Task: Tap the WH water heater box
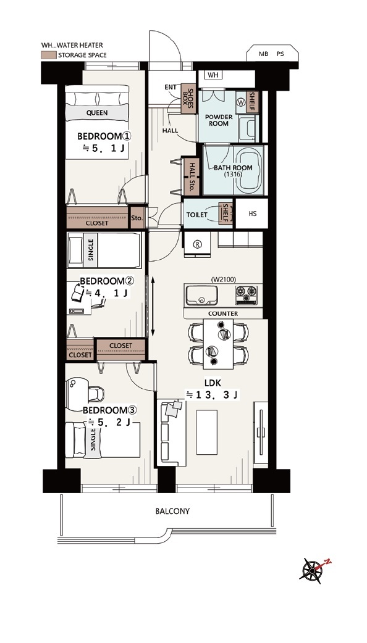pyautogui.click(x=213, y=75)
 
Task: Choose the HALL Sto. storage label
pyautogui.click(x=192, y=176)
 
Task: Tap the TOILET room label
pyautogui.click(x=196, y=215)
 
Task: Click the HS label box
pyautogui.click(x=253, y=214)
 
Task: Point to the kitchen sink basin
pyautogui.click(x=201, y=295)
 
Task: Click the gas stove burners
pyautogui.click(x=247, y=295)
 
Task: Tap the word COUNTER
pyautogui.click(x=223, y=313)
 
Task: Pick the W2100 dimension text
pyautogui.click(x=223, y=280)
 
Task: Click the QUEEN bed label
pyautogui.click(x=97, y=113)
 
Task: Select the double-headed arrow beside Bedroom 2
pyautogui.click(x=153, y=306)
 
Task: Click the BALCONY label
pyautogui.click(x=172, y=512)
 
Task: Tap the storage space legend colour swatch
pyautogui.click(x=48, y=55)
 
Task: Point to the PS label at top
pyautogui.click(x=280, y=54)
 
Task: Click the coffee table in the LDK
pyautogui.click(x=207, y=432)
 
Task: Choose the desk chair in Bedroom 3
pyautogui.click(x=95, y=394)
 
